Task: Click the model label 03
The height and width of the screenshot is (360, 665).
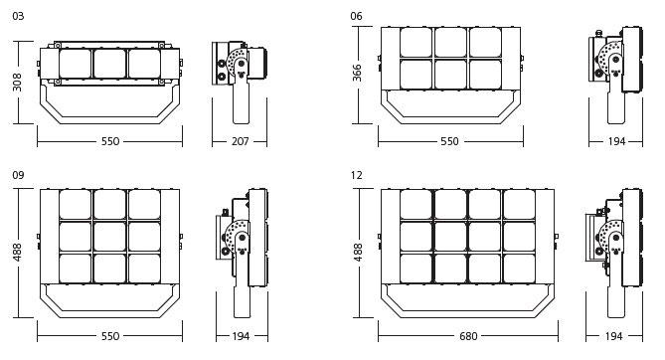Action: [x=18, y=16]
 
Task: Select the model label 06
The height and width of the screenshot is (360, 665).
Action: [x=356, y=16]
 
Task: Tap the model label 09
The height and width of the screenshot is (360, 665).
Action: [x=18, y=175]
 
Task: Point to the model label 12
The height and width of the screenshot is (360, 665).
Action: [x=357, y=175]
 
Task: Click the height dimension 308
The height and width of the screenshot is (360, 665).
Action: [x=17, y=82]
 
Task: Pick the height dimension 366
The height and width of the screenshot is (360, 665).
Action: [x=357, y=73]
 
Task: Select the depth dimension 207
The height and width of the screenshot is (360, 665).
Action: [x=240, y=141]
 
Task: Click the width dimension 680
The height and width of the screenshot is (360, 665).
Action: [x=468, y=336]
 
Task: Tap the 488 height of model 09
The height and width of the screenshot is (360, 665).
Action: [x=17, y=252]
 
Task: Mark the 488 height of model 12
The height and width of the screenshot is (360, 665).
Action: [x=358, y=252]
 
